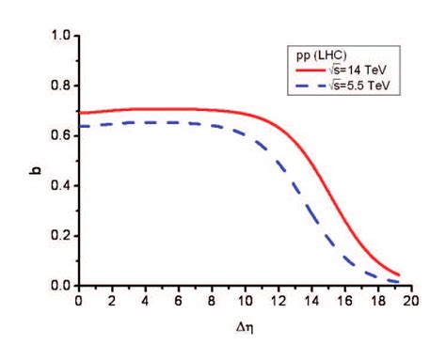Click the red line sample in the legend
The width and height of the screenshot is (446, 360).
click(311, 69)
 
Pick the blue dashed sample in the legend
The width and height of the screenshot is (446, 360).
click(311, 85)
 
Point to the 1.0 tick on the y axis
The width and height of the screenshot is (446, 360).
click(59, 36)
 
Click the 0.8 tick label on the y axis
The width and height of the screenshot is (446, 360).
click(59, 86)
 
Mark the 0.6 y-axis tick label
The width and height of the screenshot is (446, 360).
click(59, 135)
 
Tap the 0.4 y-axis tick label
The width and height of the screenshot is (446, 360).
click(59, 185)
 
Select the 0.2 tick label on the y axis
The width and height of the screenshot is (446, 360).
click(59, 235)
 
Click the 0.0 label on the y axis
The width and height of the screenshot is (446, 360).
click(59, 285)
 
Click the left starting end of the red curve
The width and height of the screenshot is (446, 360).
click(78, 113)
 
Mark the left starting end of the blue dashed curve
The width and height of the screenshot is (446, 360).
click(78, 126)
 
